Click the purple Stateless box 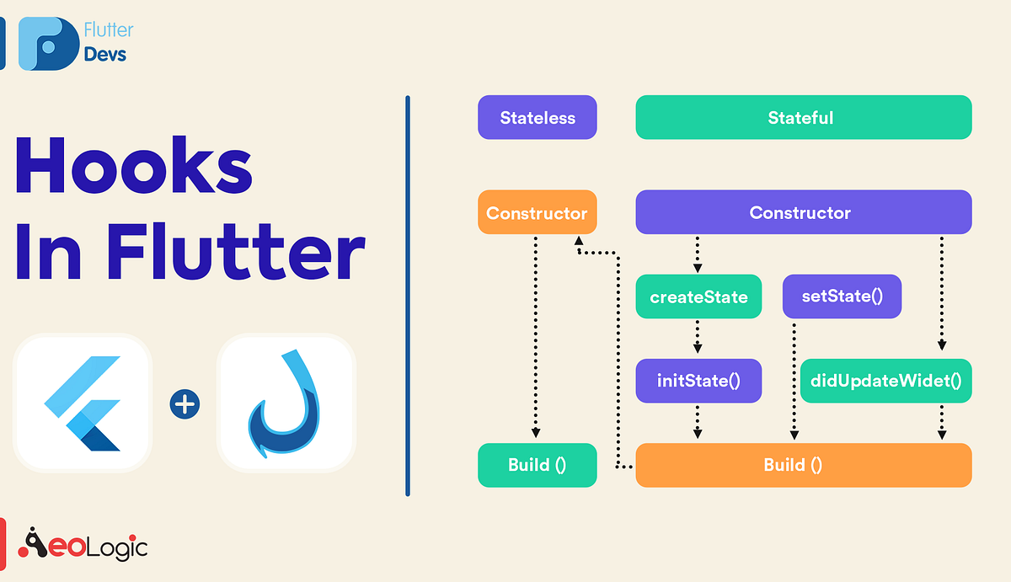(538, 118)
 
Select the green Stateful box (803, 118)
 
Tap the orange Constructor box (537, 212)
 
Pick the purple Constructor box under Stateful (803, 212)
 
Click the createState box (698, 297)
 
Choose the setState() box (842, 297)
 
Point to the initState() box (698, 381)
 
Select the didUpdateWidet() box (885, 381)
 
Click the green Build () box (537, 465)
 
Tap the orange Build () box (803, 465)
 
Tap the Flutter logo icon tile (82, 402)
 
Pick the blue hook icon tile (286, 402)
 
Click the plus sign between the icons (184, 404)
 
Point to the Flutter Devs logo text (108, 42)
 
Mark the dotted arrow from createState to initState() (698, 339)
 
